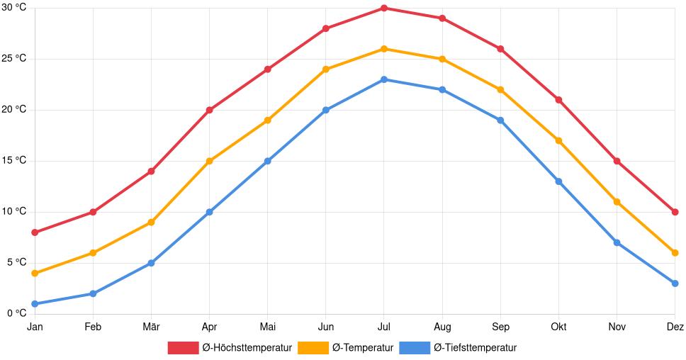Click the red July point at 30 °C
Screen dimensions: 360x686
384,9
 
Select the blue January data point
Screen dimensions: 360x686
35,304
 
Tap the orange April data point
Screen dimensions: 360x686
209,161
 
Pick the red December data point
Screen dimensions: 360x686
675,212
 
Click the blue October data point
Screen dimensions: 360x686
558,181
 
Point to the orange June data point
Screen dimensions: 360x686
326,69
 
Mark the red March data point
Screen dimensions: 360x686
151,171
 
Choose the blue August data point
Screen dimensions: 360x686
442,89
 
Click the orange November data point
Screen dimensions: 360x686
617,202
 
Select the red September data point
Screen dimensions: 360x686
500,49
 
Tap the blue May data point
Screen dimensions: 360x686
267,161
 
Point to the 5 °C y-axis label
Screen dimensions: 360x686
17,262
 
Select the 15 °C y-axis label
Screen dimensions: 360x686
14,161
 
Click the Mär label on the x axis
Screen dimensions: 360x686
151,327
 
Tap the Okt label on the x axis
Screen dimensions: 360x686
558,327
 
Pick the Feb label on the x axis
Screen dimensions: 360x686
93,327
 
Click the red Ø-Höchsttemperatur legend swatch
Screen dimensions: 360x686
183,348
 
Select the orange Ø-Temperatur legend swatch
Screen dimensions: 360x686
313,348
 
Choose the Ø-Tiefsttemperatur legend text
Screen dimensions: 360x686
475,348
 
